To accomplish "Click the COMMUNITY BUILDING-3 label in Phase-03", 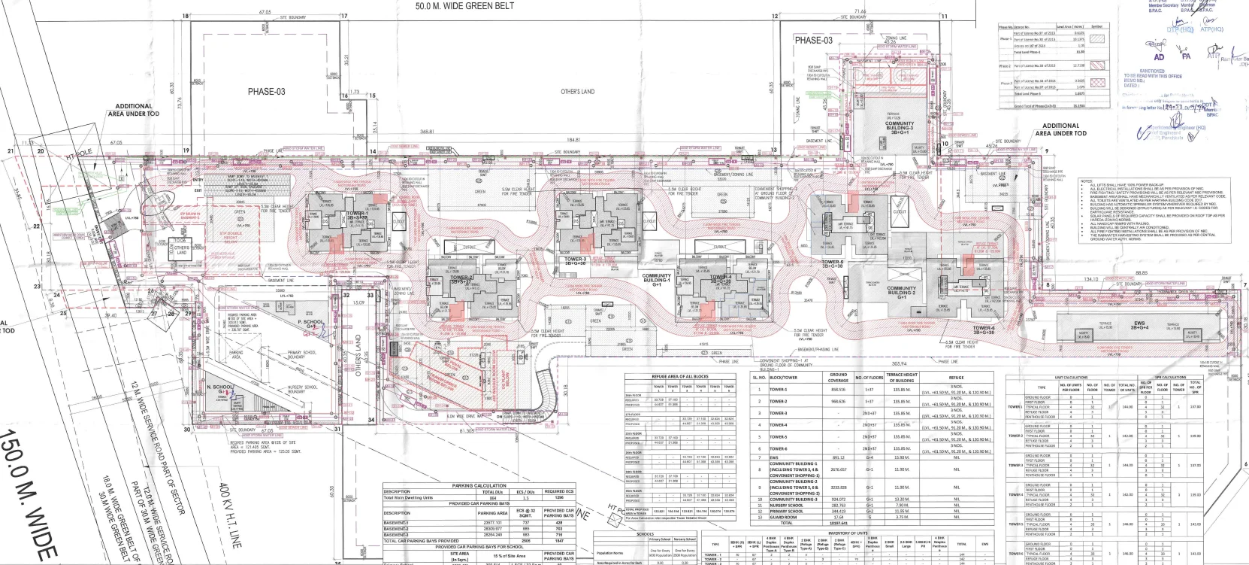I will (900, 126).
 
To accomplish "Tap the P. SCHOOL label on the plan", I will (310, 321).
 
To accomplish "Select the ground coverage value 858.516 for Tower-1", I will (837, 390).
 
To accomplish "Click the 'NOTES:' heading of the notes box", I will (1086, 181).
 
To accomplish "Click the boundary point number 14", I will (372, 152).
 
